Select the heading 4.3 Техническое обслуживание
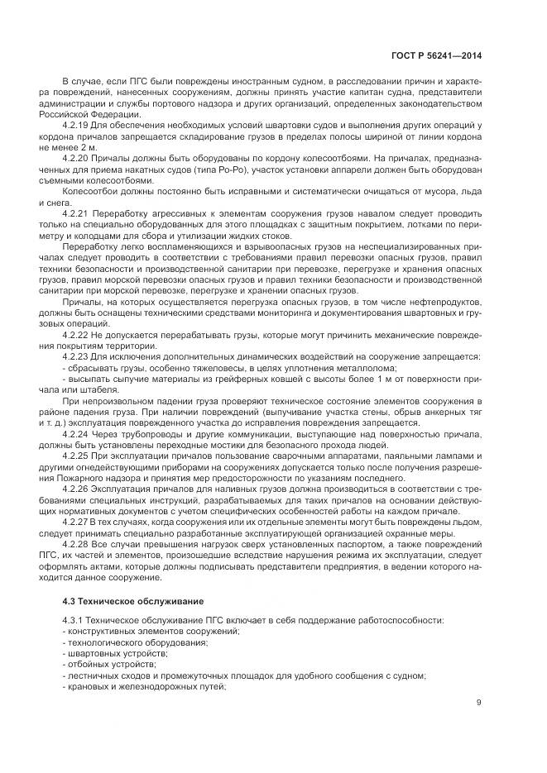(x=121, y=598)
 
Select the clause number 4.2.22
(x=77, y=334)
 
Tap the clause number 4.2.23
(x=77, y=356)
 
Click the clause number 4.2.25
(x=77, y=456)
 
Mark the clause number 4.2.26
(x=77, y=489)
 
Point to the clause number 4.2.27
(x=77, y=523)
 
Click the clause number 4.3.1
(x=75, y=620)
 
